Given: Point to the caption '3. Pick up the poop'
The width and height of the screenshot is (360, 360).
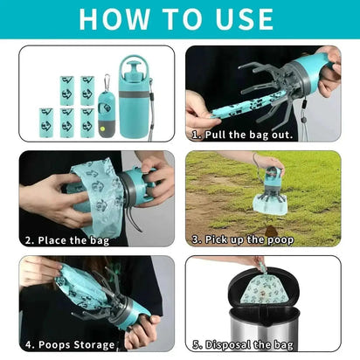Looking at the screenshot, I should coord(244,239).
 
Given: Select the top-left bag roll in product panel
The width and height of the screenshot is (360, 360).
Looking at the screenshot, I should coord(66,88).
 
